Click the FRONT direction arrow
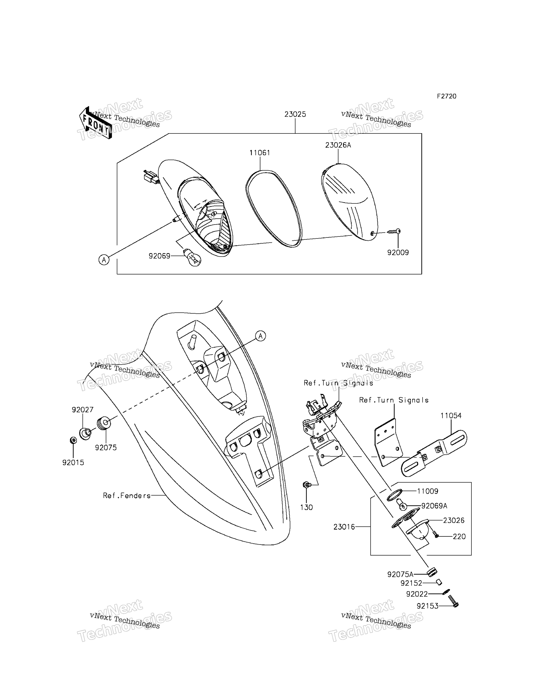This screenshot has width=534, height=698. pyautogui.click(x=95, y=123)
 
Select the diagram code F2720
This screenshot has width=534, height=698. pyautogui.click(x=446, y=96)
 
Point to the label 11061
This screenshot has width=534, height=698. pyautogui.click(x=260, y=153)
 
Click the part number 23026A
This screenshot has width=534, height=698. pyautogui.click(x=338, y=145)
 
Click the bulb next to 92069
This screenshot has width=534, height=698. pyautogui.click(x=192, y=258)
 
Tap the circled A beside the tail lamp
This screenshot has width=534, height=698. pyautogui.click(x=104, y=260)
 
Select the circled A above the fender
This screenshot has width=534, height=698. pyautogui.click(x=261, y=336)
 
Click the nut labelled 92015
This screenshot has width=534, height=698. pyautogui.click(x=73, y=440)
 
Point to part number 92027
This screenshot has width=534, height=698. pyautogui.click(x=83, y=410)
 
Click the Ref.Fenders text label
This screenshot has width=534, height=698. pyautogui.click(x=127, y=496)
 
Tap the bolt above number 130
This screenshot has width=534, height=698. pyautogui.click(x=307, y=484)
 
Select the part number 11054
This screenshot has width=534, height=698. pyautogui.click(x=451, y=416)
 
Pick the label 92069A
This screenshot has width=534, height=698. pyautogui.click(x=434, y=506)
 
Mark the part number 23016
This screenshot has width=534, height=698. pyautogui.click(x=344, y=527)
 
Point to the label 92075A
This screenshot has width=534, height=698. pyautogui.click(x=400, y=574)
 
